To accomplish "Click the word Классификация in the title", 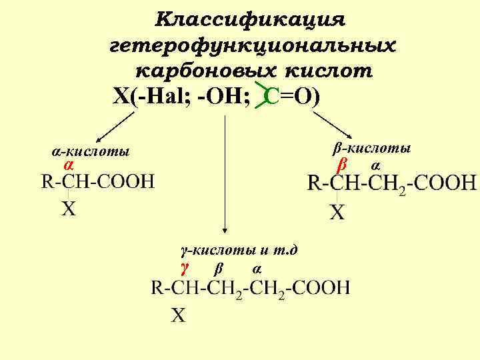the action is (x=251, y=18).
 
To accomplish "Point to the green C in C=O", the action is (x=271, y=97).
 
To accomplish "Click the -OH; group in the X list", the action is (x=224, y=97).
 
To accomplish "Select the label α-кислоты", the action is (x=91, y=152).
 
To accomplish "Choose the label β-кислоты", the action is (x=371, y=147).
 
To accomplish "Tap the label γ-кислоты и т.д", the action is (x=239, y=251).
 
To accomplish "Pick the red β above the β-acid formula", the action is (x=342, y=164).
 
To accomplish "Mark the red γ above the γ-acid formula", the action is (x=185, y=268).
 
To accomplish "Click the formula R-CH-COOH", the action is (x=97, y=181).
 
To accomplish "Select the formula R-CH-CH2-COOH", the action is (x=392, y=183).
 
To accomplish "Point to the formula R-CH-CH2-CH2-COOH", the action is (x=250, y=288).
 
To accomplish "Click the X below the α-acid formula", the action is (x=69, y=209).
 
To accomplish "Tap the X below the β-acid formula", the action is (x=339, y=213).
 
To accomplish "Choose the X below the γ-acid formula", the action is (x=178, y=315).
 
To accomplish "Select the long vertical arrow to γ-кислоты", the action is (x=225, y=180).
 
